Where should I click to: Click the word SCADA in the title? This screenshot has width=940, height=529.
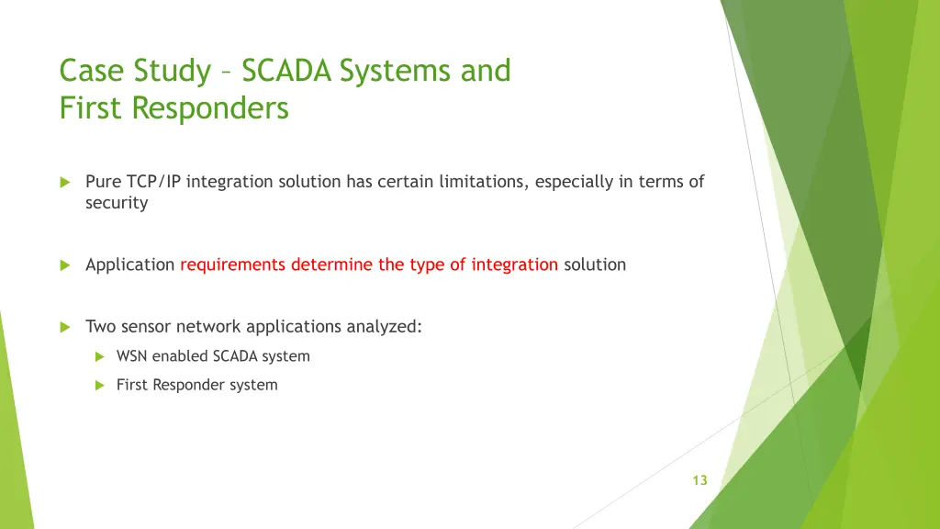[286, 70]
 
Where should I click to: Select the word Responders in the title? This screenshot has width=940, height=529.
[210, 108]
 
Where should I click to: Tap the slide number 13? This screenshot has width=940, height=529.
[699, 480]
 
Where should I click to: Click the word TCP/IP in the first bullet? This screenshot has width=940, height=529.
[153, 182]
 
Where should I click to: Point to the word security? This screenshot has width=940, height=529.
[117, 203]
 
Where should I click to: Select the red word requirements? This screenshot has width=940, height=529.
[232, 265]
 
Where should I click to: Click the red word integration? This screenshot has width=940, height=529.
[514, 264]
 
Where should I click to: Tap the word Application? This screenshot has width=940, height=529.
[129, 265]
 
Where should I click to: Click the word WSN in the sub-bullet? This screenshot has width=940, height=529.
[131, 356]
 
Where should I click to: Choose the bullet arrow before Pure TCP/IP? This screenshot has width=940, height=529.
[65, 183]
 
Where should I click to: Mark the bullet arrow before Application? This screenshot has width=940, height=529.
[65, 265]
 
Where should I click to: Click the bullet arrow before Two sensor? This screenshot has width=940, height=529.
[65, 327]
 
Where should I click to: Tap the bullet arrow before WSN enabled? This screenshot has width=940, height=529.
[99, 357]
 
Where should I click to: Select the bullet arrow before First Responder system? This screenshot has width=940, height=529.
[99, 386]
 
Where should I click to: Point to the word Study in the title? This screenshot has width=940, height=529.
[172, 72]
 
